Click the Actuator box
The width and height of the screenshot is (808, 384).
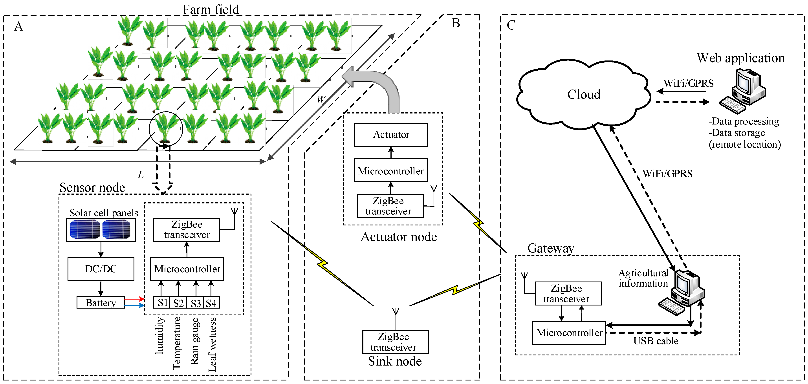391,135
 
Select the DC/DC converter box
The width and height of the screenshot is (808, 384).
101,269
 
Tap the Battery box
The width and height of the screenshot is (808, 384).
101,302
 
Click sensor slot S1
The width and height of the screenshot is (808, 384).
161,302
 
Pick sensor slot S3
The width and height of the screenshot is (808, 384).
195,302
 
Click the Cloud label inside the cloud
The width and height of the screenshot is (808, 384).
584,94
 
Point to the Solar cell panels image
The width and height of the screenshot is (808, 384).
101,229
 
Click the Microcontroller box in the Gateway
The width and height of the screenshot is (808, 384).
569,333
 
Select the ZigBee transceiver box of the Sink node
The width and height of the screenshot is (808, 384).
396,342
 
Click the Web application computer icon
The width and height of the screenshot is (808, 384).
742,91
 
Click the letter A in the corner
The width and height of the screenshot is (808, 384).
18,26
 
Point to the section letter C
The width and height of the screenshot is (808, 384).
511,25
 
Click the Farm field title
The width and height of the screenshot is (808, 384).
211,9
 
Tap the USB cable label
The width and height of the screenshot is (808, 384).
656,341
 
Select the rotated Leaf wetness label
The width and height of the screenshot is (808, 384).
212,344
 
